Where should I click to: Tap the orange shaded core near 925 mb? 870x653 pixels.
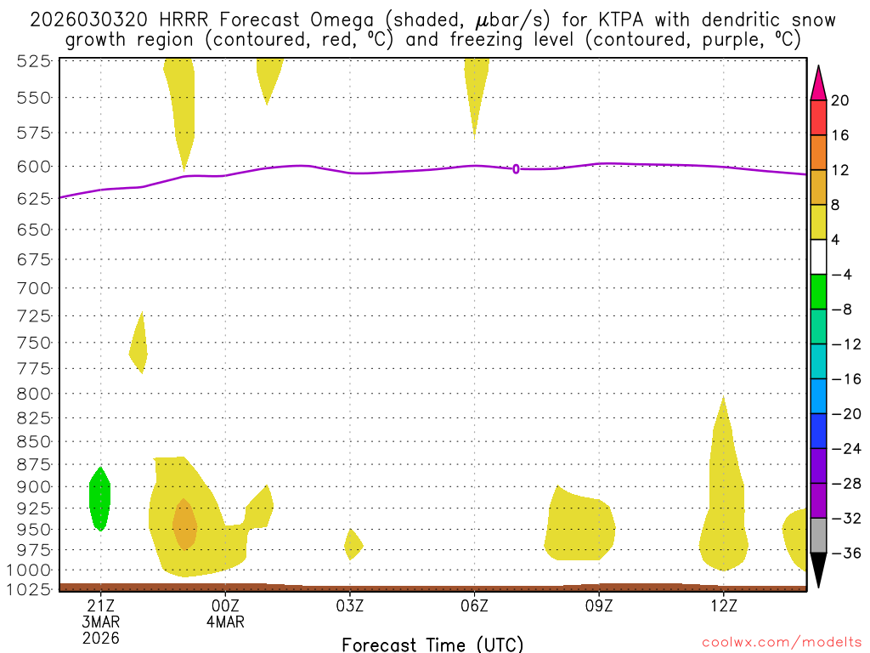(184, 524)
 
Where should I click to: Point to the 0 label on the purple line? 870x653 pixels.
(516, 169)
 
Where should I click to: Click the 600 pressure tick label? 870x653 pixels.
(33, 167)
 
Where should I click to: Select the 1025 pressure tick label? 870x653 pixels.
(30, 588)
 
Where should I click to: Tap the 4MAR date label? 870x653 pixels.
(225, 622)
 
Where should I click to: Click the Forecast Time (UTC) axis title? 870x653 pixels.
(432, 644)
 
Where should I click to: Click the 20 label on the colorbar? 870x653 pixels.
(840, 100)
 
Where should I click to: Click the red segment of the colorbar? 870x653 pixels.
(818, 117)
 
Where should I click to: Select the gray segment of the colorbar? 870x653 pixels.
(818, 536)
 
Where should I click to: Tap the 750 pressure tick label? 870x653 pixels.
(33, 343)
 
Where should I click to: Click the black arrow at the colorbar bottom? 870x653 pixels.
(818, 569)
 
